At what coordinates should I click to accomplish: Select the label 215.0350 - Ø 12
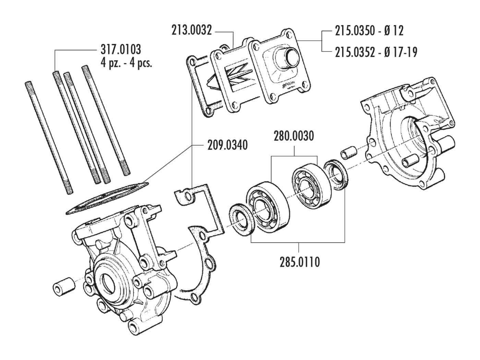tap(369, 31)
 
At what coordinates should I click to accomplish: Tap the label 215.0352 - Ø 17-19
tap(376, 52)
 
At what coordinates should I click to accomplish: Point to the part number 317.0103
tap(120, 49)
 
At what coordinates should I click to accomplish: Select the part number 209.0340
tap(227, 145)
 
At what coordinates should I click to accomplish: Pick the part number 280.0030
tap(294, 136)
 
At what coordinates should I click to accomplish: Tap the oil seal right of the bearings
tap(336, 175)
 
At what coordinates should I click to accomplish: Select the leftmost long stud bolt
tap(48, 137)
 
